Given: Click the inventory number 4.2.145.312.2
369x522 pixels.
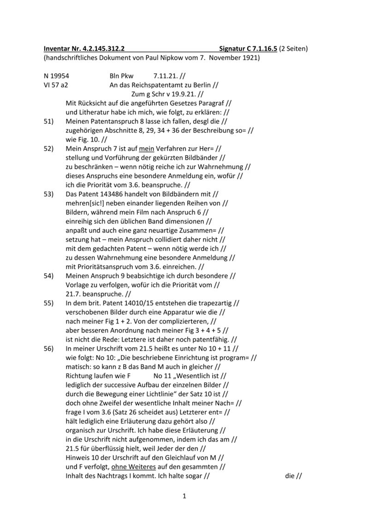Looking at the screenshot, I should tap(98, 48).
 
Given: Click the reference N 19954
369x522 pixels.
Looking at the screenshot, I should tap(56, 75).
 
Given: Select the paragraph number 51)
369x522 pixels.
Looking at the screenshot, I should tap(48, 121).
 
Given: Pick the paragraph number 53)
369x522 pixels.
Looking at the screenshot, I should tap(48, 194).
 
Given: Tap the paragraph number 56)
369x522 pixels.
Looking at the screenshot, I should tap(48, 348).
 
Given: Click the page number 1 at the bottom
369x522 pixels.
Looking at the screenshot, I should tap(184, 496).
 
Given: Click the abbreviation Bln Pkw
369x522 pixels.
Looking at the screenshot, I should tap(121, 75).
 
